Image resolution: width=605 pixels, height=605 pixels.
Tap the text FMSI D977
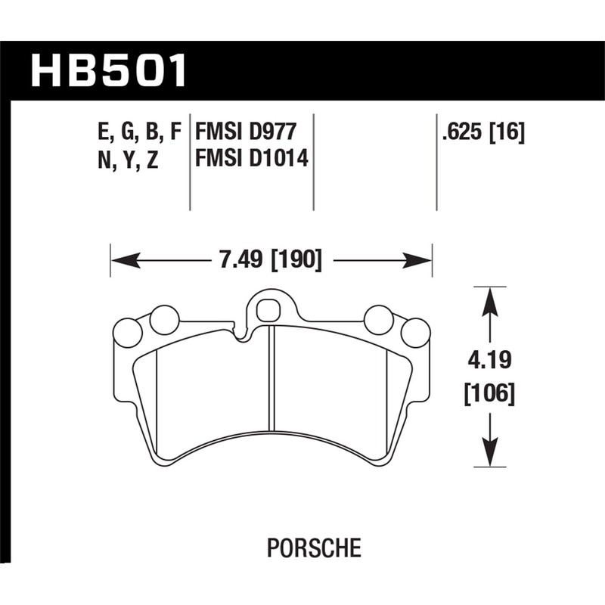click(x=244, y=133)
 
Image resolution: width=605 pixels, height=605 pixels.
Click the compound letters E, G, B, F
click(x=140, y=133)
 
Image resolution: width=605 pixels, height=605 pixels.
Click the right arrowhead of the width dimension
click(x=420, y=262)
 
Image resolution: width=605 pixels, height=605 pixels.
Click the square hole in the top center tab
click(x=267, y=310)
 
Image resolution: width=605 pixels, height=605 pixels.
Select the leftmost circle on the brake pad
click(x=127, y=333)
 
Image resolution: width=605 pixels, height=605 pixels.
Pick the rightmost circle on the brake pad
click(x=415, y=333)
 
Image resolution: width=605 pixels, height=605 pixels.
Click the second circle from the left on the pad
click(x=164, y=321)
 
